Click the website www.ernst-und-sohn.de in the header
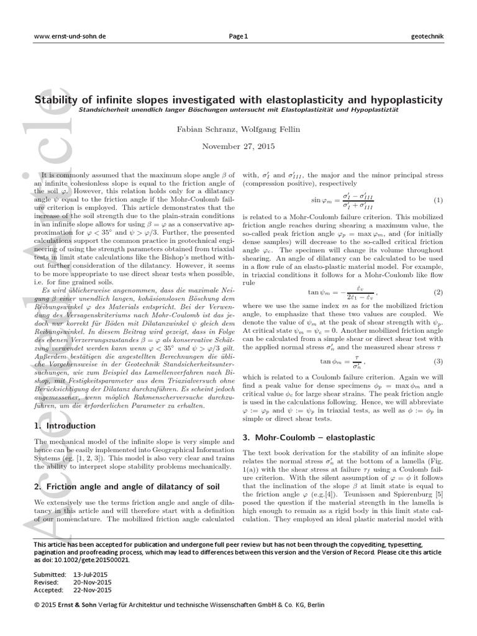coord(70,36)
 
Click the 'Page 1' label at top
coord(238,36)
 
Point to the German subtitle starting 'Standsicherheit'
coord(238,110)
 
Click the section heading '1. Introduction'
coord(64,425)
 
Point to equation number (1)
coord(438,201)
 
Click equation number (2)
coord(438,292)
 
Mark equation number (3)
coord(438,361)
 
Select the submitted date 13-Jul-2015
coord(93,575)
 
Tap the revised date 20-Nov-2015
coord(93,582)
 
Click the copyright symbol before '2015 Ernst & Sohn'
coord(37,604)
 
